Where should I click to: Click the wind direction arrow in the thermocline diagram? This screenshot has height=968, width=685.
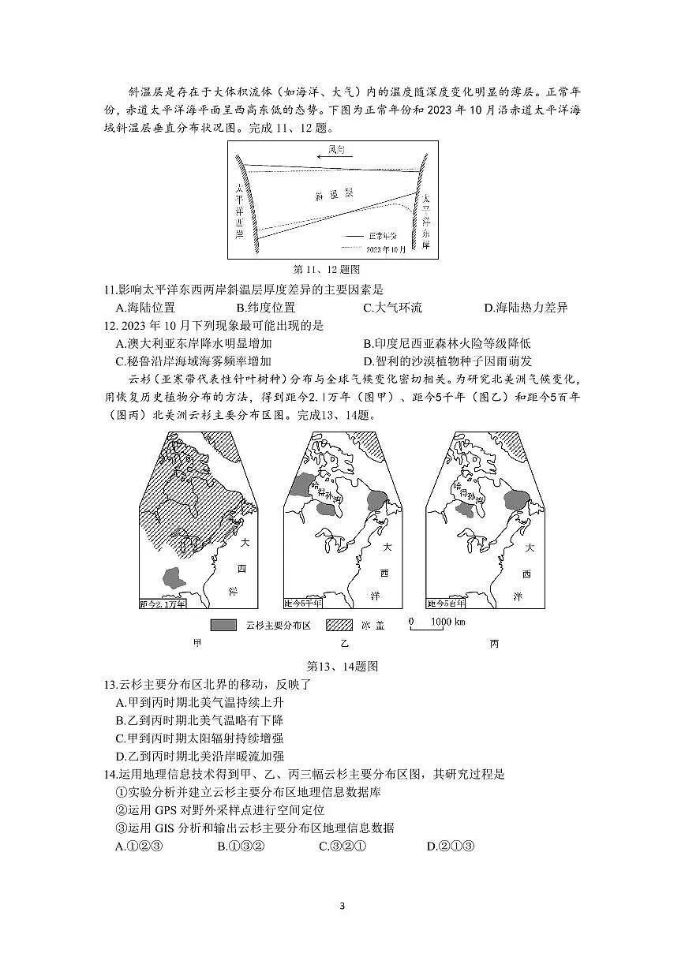click(333, 156)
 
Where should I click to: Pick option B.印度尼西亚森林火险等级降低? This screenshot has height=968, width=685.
click(447, 343)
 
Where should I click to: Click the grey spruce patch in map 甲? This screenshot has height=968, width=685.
click(175, 578)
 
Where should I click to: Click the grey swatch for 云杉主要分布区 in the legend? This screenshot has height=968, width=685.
click(223, 625)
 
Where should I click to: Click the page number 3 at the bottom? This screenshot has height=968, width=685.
click(342, 906)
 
